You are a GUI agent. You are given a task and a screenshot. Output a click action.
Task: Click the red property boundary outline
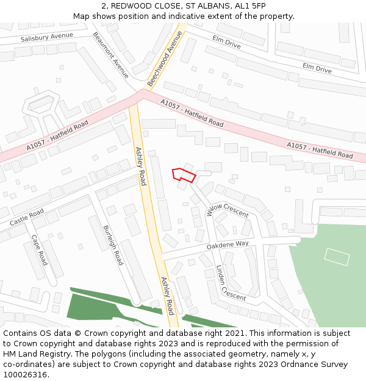pos(184,174)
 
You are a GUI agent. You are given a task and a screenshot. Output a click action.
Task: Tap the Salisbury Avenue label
pos(46,37)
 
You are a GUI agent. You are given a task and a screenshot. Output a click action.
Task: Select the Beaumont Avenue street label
pos(111,55)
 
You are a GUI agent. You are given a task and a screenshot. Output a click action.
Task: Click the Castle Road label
pos(26,215)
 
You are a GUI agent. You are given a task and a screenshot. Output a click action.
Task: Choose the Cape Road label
pos(40,250)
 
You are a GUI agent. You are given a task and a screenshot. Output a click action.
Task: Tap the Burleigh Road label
pos(113,244)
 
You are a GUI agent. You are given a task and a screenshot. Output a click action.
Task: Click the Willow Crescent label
pos(228,211)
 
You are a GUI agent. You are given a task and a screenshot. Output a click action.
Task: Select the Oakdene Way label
pos(228,244)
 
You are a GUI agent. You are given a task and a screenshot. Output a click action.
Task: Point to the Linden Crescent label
pos(231,282)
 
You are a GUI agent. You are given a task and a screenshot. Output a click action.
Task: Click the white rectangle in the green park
pos(337,257)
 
